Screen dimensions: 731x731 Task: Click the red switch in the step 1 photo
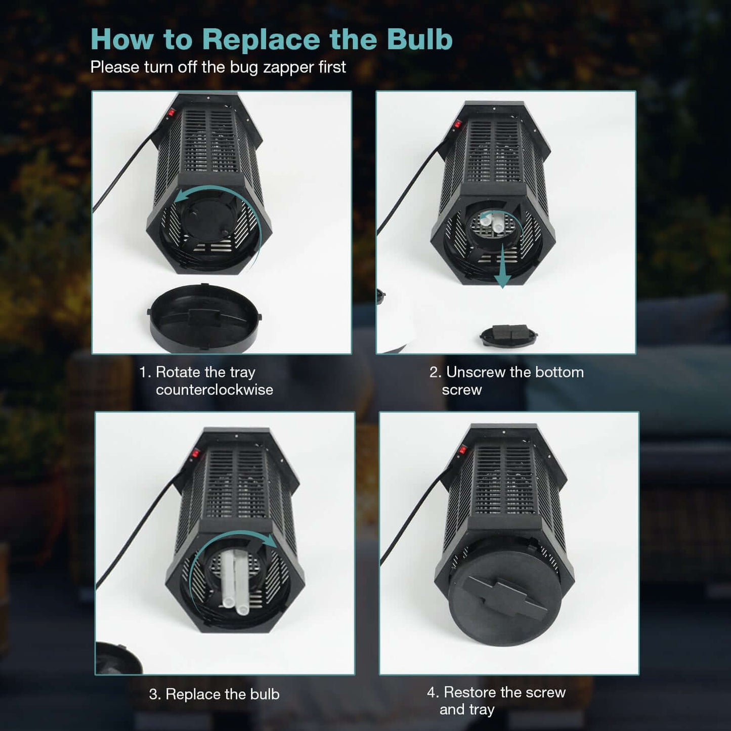[x=171, y=113]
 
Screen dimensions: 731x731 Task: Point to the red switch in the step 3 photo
[x=195, y=453]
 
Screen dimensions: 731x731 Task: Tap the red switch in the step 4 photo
[x=463, y=450]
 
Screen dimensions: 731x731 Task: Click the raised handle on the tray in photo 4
[x=506, y=600]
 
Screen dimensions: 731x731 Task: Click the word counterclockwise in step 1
[x=214, y=390]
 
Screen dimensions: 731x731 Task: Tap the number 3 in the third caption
[x=153, y=694]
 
